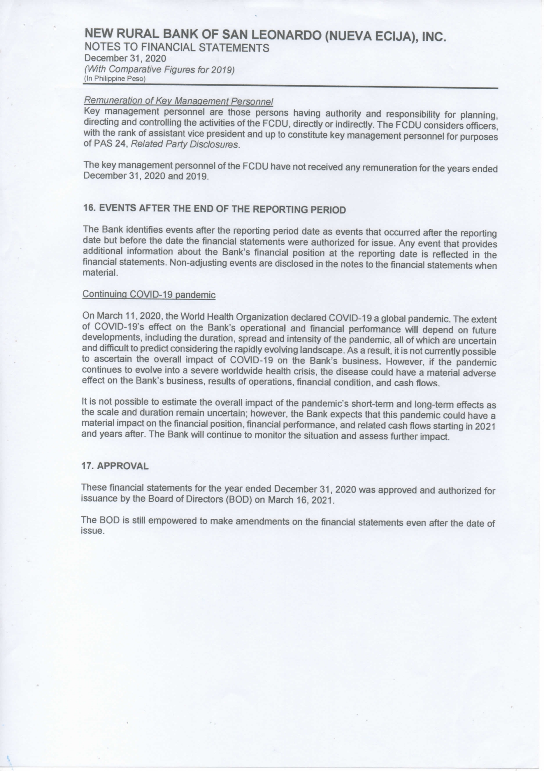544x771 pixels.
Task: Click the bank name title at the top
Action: (x=265, y=35)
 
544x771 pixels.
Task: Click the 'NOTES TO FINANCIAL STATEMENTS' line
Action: (x=177, y=47)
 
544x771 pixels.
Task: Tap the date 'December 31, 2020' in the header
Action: (x=125, y=58)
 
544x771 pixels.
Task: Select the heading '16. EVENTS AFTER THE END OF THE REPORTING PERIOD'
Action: (x=215, y=209)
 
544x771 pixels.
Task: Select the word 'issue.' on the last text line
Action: (x=93, y=531)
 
